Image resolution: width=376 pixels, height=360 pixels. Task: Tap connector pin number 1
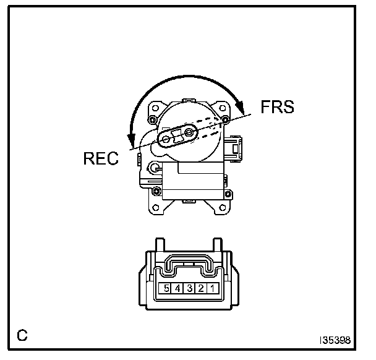[x=211, y=288]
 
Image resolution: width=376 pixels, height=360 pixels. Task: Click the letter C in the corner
[x=22, y=336]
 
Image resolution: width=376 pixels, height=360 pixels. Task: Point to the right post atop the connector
[x=218, y=247]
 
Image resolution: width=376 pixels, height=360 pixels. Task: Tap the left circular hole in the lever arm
[x=166, y=140]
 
